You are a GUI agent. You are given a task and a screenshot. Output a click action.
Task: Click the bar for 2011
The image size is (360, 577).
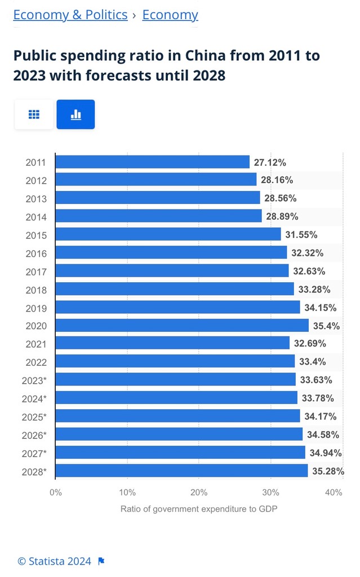click(152, 162)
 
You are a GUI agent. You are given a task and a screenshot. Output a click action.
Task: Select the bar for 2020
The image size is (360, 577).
click(182, 326)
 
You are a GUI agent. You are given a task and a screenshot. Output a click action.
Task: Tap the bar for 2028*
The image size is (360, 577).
click(181, 471)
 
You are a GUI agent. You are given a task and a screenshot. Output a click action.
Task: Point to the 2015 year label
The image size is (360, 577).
click(36, 235)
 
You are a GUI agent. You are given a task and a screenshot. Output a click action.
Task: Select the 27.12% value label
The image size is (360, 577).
click(270, 162)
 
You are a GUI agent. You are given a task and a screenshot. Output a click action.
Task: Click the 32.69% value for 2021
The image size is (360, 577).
click(310, 344)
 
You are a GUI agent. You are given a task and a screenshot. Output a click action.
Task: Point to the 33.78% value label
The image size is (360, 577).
click(318, 398)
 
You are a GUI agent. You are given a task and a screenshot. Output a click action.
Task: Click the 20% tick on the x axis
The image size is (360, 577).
click(199, 492)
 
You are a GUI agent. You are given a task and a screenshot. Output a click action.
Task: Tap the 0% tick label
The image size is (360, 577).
click(55, 492)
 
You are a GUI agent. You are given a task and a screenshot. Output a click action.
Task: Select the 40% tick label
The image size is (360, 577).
click(334, 492)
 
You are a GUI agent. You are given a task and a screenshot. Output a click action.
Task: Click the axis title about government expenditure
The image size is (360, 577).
click(199, 509)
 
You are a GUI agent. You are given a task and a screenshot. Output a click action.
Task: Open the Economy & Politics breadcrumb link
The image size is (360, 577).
click(70, 15)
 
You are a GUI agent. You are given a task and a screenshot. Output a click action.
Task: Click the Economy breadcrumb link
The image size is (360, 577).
click(170, 15)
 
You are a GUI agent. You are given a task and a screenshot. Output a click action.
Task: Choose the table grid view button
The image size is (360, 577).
click(34, 114)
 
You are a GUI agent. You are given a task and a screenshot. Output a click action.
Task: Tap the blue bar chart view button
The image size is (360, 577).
click(75, 114)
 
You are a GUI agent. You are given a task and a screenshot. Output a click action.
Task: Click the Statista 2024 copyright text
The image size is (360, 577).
click(54, 561)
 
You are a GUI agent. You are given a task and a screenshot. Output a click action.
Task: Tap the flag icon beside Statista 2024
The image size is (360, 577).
click(101, 561)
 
